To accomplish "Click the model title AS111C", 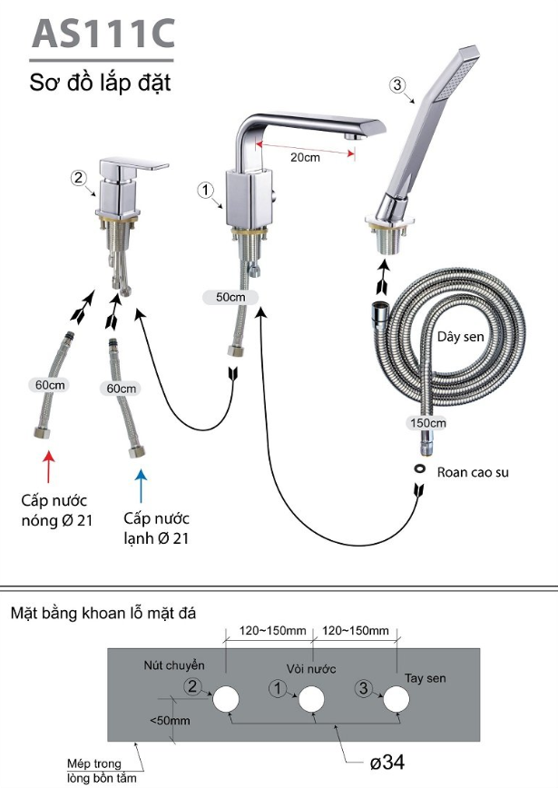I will tap(102, 33).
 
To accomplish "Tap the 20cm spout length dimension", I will tap(306, 156).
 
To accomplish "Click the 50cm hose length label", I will tap(230, 297).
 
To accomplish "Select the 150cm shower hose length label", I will tap(426, 423).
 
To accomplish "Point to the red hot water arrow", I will tap(50, 462).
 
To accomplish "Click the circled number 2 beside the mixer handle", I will tap(79, 177).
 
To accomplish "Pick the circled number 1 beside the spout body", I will tap(205, 190).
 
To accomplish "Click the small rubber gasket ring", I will tap(420, 469).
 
